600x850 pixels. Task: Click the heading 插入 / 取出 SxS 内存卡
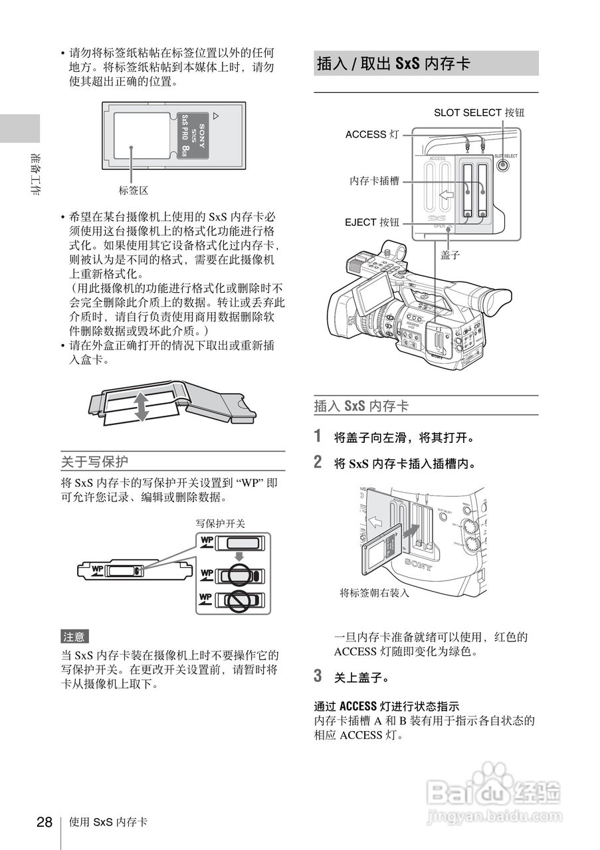393,64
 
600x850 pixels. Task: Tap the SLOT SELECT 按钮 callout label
478,113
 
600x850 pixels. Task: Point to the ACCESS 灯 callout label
372,135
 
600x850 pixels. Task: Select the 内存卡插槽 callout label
375,181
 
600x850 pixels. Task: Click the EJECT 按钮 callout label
372,222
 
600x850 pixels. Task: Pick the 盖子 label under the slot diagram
450,254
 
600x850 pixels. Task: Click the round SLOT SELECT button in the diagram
505,166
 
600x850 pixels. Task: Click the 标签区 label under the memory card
133,191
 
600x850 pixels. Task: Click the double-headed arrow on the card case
141,406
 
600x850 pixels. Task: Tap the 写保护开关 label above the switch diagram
220,523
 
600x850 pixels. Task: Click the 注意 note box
74,637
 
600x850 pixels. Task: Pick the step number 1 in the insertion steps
318,436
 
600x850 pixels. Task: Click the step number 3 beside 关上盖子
318,677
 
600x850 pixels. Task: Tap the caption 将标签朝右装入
374,593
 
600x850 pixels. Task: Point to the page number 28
44,822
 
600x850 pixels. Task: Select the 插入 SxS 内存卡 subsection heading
361,406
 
